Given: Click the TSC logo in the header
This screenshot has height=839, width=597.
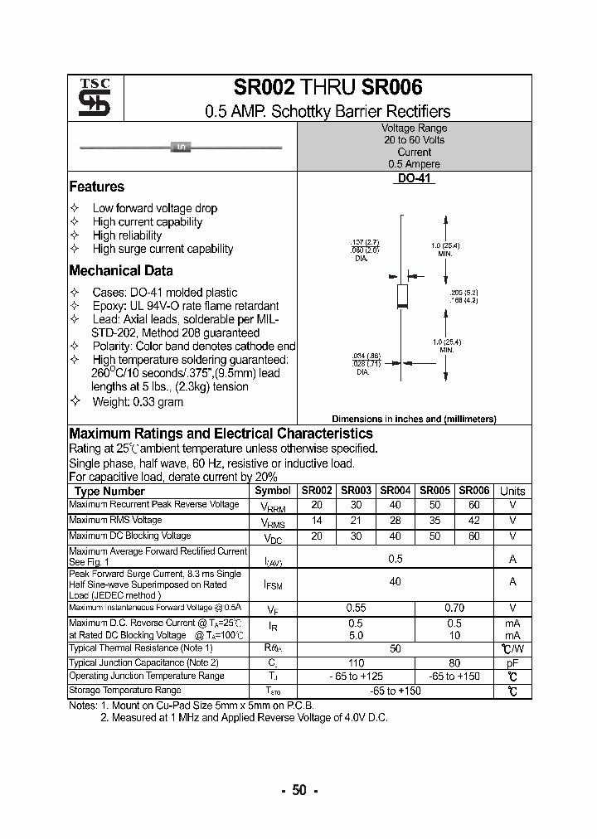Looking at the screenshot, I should point(88,99).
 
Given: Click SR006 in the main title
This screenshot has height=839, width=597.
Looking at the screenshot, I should point(391,88).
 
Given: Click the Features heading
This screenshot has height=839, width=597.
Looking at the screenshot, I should point(97,187).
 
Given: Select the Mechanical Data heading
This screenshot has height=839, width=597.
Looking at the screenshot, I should point(121,270).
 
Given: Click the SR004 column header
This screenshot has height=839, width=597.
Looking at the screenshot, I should point(396,491).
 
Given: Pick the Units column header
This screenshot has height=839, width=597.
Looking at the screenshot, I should point(512,491).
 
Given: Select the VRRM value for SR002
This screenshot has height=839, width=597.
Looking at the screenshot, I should point(316,505).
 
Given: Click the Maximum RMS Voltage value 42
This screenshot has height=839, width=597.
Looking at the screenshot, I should point(473,521).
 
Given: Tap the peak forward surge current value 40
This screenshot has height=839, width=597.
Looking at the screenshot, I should point(395,582).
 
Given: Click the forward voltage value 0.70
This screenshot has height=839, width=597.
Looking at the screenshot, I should point(454,608).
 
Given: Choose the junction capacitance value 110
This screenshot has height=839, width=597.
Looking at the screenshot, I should point(355,662).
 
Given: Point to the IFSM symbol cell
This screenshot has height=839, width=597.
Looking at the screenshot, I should point(273,585).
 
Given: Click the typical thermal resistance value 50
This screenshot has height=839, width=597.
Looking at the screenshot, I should point(395,648).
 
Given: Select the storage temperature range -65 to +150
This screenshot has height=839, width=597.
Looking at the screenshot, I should point(395,690).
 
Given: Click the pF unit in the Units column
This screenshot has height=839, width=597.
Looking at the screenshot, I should point(512,662).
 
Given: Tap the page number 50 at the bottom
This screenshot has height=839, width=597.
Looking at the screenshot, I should point(298,790).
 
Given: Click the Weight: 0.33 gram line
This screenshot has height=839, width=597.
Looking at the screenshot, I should point(138,402).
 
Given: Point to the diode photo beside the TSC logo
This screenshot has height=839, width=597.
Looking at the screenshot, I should point(181,148).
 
